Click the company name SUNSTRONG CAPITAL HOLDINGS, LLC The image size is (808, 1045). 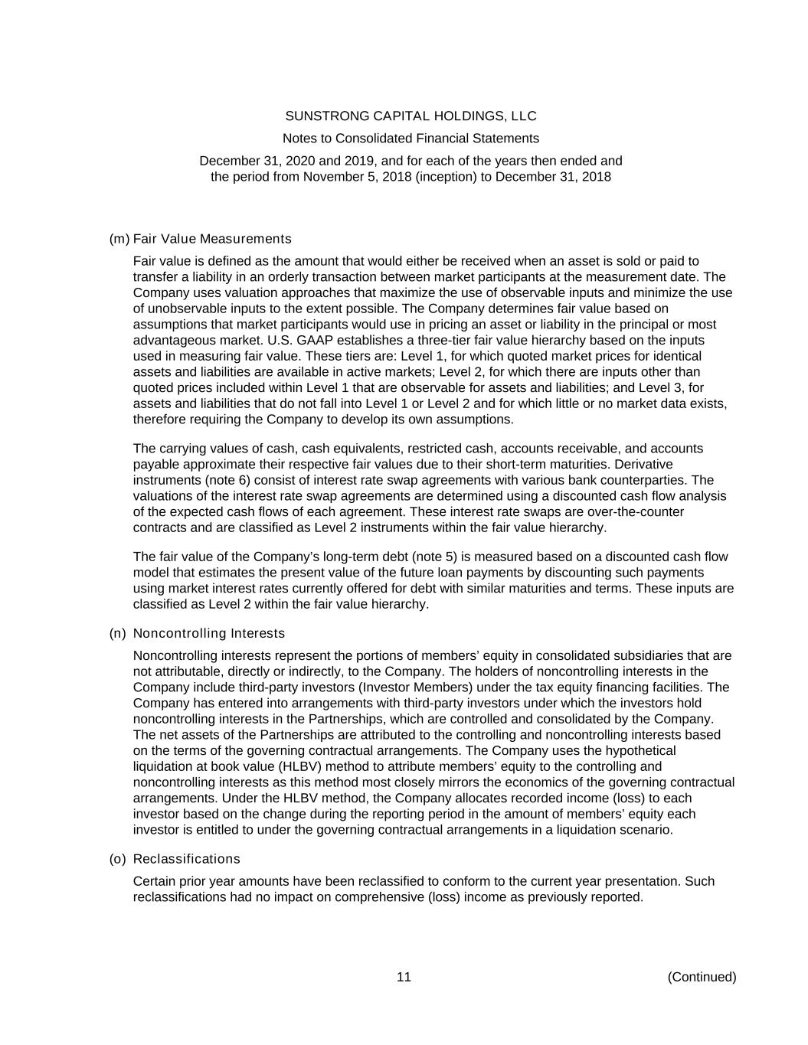point(411,116)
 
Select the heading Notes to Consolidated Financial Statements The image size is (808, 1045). point(411,139)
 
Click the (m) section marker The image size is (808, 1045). point(119,239)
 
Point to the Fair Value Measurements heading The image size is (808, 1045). point(212,239)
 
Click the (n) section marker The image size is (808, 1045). point(118,633)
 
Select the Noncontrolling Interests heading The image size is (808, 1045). point(209,633)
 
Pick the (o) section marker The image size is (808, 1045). point(118,859)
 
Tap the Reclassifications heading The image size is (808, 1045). point(186,859)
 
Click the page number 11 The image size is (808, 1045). point(404,977)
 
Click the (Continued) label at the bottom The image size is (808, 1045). point(702,977)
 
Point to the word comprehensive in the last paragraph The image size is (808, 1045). point(378,897)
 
